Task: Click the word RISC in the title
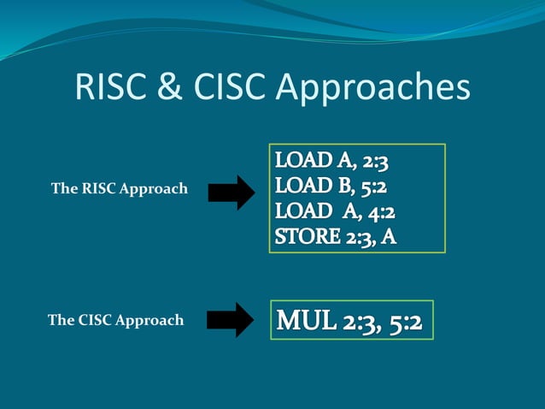point(107,87)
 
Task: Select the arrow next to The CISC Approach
point(230,320)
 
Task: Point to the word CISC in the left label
point(95,321)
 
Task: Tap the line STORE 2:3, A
point(336,236)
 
